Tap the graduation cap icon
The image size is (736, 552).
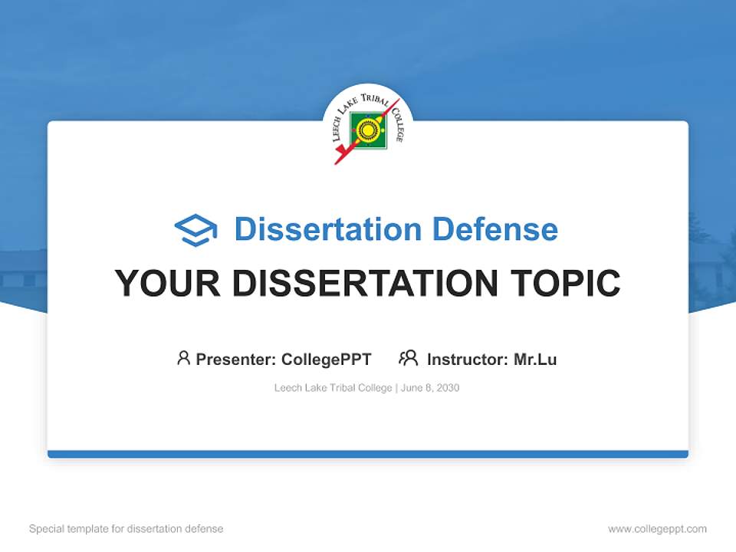pos(196,229)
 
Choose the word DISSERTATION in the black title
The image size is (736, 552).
pos(364,283)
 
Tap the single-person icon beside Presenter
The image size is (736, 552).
pos(183,358)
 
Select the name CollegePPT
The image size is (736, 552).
pos(327,359)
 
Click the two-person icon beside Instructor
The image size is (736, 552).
pos(408,358)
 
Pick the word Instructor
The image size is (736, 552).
pos(465,359)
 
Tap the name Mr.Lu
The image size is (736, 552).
pos(535,359)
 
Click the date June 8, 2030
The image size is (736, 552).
pos(430,388)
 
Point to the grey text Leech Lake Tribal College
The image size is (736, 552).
pos(333,388)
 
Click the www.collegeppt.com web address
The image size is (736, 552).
pos(657,529)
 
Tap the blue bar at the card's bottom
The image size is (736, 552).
pos(368,454)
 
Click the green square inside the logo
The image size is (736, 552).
pos(368,131)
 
